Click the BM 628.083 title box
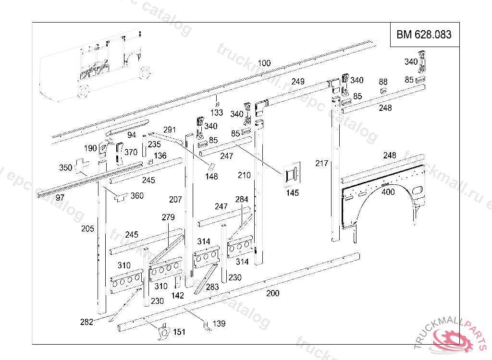pyautogui.click(x=424, y=35)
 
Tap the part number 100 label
pyautogui.click(x=264, y=63)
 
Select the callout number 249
pyautogui.click(x=298, y=82)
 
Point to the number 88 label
pyautogui.click(x=383, y=82)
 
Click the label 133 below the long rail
pyautogui.click(x=217, y=112)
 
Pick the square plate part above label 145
pyautogui.click(x=292, y=174)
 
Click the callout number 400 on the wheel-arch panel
pyautogui.click(x=388, y=192)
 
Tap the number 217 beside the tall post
pyautogui.click(x=321, y=163)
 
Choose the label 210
pyautogui.click(x=244, y=175)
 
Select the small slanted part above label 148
pyautogui.click(x=210, y=166)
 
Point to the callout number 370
pyautogui.click(x=131, y=153)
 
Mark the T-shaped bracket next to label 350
pyautogui.click(x=82, y=166)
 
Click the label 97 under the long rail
pyautogui.click(x=60, y=198)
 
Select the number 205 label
pyautogui.click(x=87, y=228)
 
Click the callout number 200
pyautogui.click(x=273, y=293)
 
